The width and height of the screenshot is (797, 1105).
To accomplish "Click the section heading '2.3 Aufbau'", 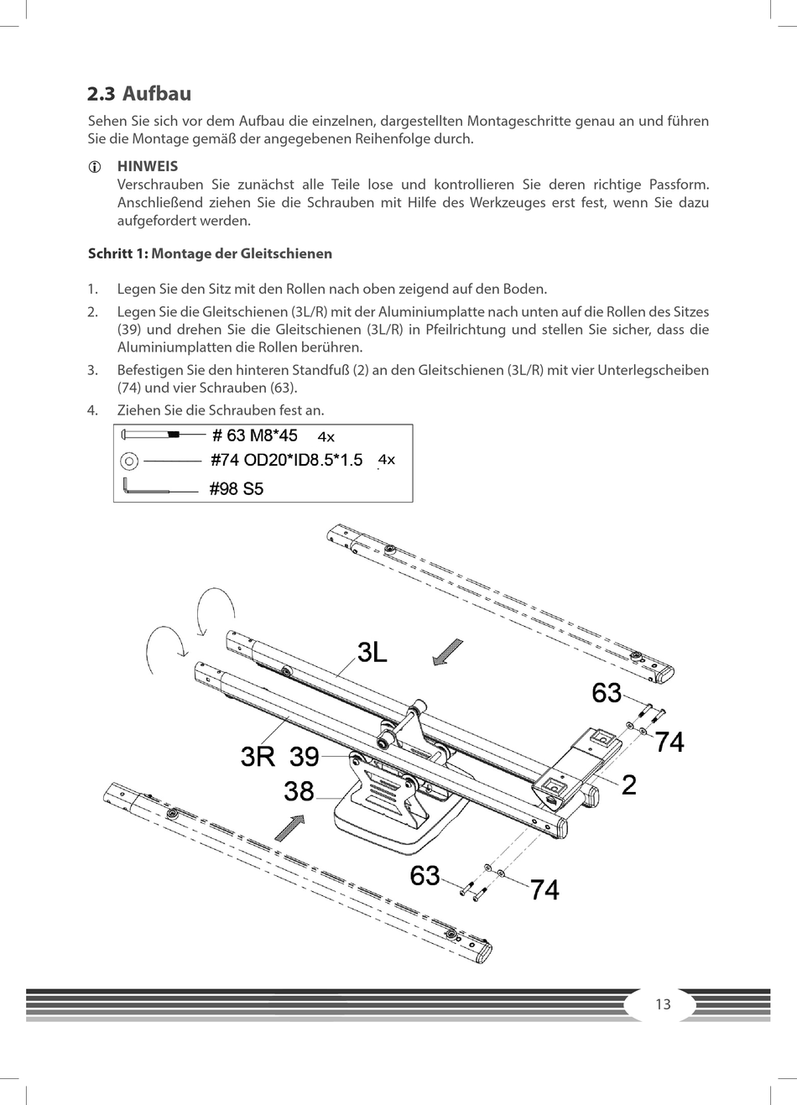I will click(139, 93).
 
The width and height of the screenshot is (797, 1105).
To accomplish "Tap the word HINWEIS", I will click(148, 166).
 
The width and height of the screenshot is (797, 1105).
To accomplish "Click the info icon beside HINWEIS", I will click(95, 167).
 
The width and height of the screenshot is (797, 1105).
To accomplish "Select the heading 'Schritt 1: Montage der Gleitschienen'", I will click(210, 253).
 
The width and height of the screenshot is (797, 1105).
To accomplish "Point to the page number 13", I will click(663, 1004).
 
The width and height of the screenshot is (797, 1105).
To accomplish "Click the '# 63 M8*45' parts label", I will click(255, 435).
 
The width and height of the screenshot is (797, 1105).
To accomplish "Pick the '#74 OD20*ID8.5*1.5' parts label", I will click(286, 460).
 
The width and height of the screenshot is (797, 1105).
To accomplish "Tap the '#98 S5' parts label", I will click(237, 488).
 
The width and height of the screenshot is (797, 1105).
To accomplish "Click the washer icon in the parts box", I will click(129, 460).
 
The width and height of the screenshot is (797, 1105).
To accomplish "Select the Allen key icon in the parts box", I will click(147, 487).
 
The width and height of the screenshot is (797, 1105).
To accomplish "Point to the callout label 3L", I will click(372, 652).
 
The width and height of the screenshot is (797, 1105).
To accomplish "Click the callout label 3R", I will click(258, 757).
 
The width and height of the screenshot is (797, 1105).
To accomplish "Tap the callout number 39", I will click(305, 757).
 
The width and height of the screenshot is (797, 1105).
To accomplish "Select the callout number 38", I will click(299, 791).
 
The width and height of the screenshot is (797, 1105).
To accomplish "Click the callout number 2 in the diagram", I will click(629, 784).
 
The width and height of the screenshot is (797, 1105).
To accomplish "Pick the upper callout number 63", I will click(607, 693).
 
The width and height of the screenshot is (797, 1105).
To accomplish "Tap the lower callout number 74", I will click(545, 889).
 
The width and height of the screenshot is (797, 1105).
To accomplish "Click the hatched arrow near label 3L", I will click(447, 651).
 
